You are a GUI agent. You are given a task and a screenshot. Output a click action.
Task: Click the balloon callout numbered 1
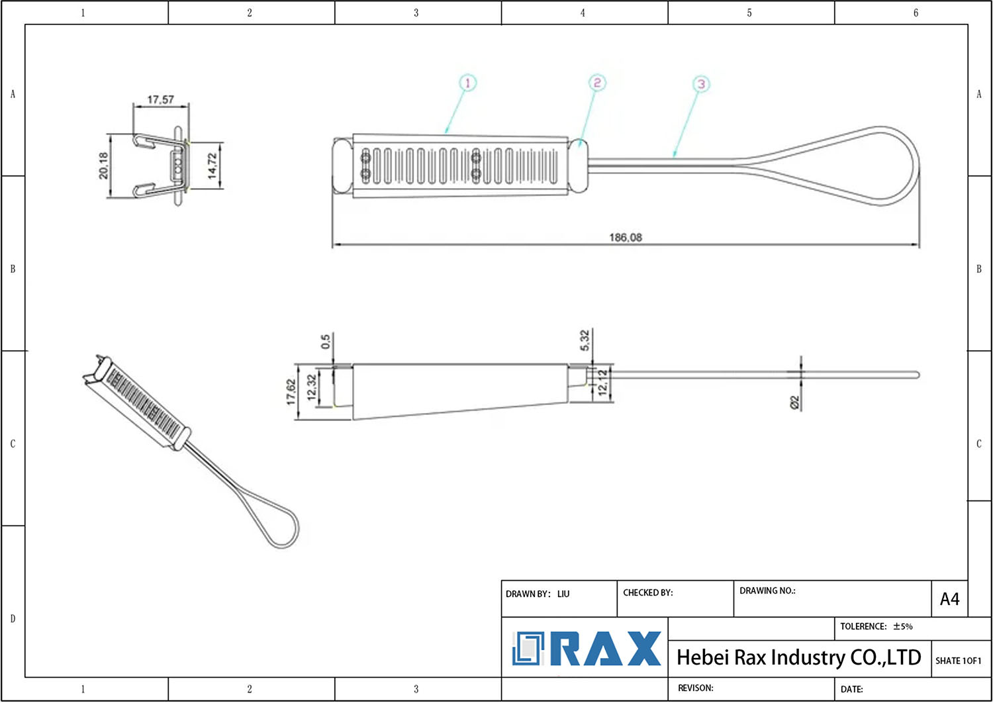[x=467, y=83]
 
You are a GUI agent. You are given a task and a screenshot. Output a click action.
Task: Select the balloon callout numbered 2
[x=597, y=83]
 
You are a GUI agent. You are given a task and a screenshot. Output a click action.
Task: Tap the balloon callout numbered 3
[x=701, y=84]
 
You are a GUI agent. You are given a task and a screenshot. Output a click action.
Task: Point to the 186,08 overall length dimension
[x=626, y=238]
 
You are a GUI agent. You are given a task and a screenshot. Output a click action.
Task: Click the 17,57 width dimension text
[x=160, y=99]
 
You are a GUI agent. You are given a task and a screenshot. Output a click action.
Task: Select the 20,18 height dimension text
[x=103, y=165]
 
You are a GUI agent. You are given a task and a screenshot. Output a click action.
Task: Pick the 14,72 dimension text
[x=213, y=165]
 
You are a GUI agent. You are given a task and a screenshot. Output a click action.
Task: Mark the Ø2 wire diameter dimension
[x=794, y=402]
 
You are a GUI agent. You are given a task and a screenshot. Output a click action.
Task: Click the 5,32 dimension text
[x=585, y=340]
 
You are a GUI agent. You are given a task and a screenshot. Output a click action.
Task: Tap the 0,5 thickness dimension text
[x=326, y=342]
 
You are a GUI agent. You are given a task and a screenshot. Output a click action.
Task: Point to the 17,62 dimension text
[x=291, y=391]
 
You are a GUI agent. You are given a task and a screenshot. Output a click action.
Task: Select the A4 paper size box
[x=949, y=599]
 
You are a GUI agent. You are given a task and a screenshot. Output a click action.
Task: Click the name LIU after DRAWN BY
[x=563, y=594]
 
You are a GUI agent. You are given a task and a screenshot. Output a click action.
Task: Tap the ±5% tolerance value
[x=903, y=626]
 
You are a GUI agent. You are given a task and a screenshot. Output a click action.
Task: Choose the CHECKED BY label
[x=647, y=592]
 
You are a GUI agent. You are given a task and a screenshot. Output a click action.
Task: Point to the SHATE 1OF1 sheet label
[x=959, y=661]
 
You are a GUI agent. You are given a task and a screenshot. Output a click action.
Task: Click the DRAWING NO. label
[x=767, y=591]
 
